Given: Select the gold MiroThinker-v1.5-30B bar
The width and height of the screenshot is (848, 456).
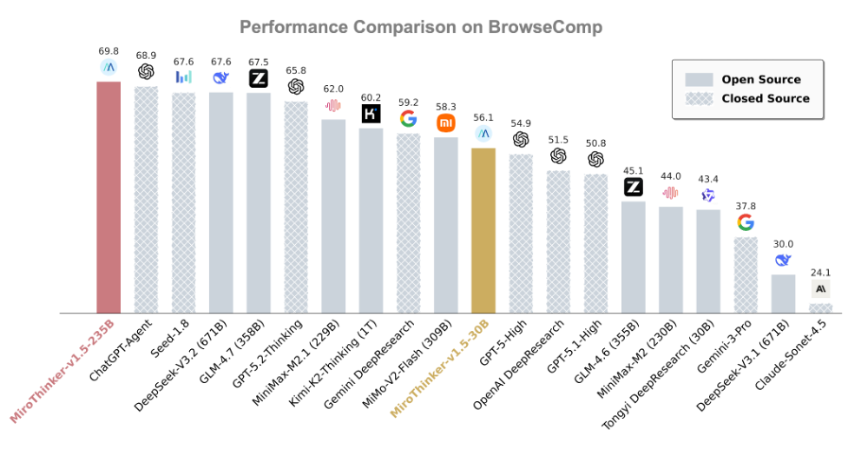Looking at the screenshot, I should [x=483, y=230].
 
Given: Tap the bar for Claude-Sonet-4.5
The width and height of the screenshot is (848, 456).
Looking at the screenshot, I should [x=820, y=307].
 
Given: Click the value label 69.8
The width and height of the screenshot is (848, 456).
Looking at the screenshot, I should [x=108, y=51].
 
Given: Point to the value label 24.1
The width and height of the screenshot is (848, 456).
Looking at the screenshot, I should [x=820, y=272].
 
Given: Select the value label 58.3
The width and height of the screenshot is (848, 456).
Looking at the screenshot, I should [x=445, y=106].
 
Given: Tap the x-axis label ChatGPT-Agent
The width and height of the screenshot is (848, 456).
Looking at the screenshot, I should [x=121, y=350].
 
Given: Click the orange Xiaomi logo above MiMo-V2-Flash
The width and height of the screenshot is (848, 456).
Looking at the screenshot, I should [x=445, y=122].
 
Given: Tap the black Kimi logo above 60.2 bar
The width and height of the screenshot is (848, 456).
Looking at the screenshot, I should [x=371, y=113].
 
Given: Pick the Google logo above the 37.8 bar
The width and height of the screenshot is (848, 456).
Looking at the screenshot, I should [x=746, y=222].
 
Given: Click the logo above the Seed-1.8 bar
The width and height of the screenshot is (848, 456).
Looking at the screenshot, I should [x=183, y=76].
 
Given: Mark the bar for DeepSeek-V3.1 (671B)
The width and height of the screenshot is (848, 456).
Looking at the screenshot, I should [x=783, y=293].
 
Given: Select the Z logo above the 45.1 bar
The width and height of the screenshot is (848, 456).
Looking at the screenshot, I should [x=633, y=186].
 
